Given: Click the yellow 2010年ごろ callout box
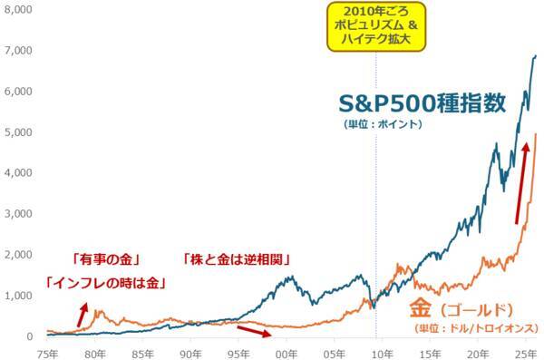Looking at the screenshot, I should coord(374,27).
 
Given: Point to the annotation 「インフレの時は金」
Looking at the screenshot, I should coord(104,283).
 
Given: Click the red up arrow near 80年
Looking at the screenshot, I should coord(83,315).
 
